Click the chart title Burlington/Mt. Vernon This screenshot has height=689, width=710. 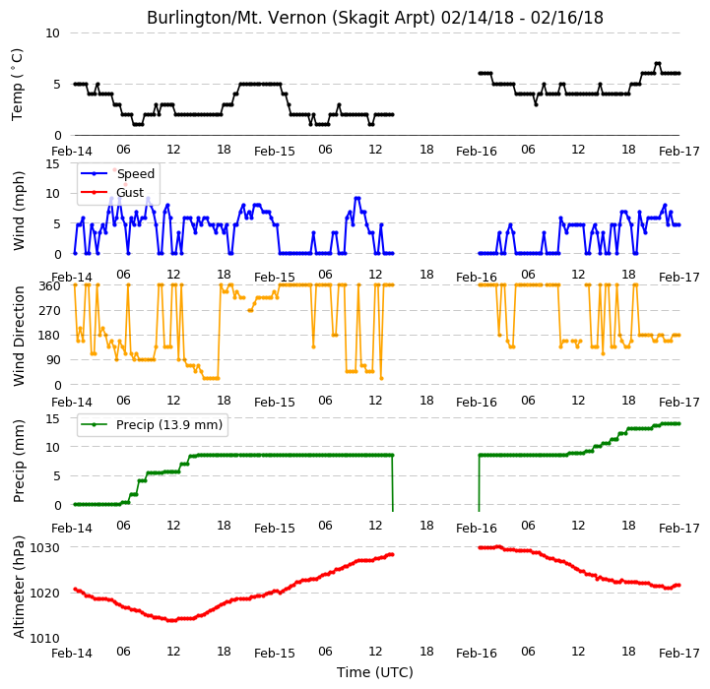pyautogui.click(x=375, y=18)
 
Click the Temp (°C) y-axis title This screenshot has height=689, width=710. pyautogui.click(x=17, y=85)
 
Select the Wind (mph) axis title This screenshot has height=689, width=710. pyautogui.click(x=18, y=211)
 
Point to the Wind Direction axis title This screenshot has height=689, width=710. pyautogui.click(x=18, y=336)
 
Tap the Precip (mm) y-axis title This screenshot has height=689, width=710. pyautogui.click(x=18, y=462)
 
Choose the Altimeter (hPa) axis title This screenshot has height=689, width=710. pyautogui.click(x=18, y=588)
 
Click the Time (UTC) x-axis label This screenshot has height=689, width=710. pyautogui.click(x=375, y=672)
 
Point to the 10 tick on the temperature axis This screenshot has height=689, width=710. pyautogui.click(x=52, y=33)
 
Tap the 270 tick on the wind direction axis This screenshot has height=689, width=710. pyautogui.click(x=50, y=311)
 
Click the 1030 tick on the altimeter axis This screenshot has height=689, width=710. pyautogui.click(x=45, y=548)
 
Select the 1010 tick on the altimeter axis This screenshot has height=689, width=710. pyautogui.click(x=45, y=639)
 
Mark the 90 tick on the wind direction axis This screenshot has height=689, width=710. pyautogui.click(x=53, y=360)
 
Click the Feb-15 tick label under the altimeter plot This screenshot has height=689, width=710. pyautogui.click(x=275, y=654)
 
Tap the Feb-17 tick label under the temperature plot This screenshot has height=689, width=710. pyautogui.click(x=679, y=152)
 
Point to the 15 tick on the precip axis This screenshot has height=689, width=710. pyautogui.click(x=53, y=418)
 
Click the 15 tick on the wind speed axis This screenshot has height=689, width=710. pyautogui.click(x=53, y=163)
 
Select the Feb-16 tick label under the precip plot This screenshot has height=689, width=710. pyautogui.click(x=477, y=529)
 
